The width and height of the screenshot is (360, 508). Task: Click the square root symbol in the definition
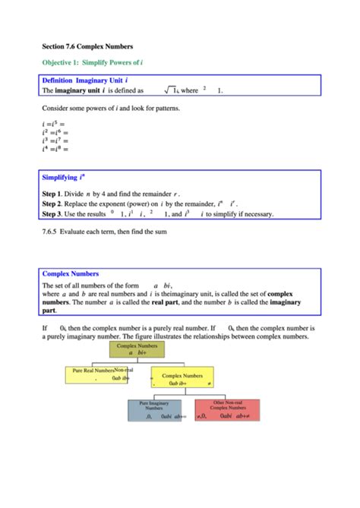pos(169,90)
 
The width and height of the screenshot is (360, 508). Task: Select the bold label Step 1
pos(53,194)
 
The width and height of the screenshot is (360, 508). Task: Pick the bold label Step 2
pos(53,204)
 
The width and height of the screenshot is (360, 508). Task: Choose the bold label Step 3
pos(53,214)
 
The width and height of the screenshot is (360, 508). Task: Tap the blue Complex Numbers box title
pos(71,273)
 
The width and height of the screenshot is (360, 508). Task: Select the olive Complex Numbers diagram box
pos(137,349)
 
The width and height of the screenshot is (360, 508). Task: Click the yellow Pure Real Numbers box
pos(97,374)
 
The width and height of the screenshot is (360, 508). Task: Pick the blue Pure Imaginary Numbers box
pos(154,410)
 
